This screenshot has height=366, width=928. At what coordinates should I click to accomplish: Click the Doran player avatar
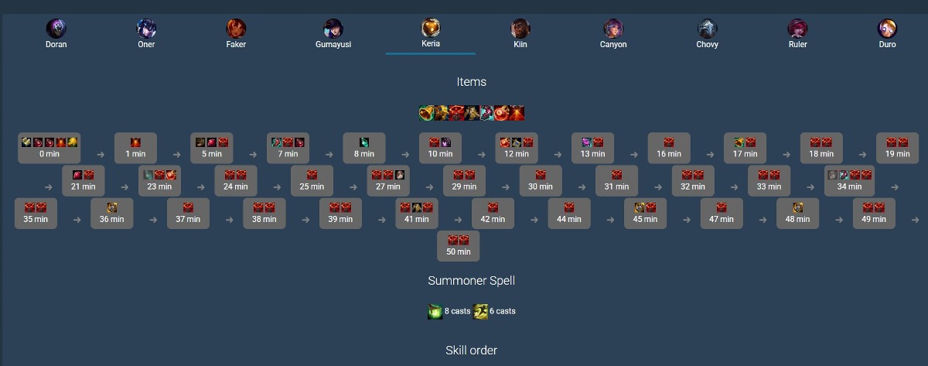56,29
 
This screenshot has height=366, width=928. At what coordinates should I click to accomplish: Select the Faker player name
236,44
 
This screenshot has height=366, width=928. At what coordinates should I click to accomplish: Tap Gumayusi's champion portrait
333,29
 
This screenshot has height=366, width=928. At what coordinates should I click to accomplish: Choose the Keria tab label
431,43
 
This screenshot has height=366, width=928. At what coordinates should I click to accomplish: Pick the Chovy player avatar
707,29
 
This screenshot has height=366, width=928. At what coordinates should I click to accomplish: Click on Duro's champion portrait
887,29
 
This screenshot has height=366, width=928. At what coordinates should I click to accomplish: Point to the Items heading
472,82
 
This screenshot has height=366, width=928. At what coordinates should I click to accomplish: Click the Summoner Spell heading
472,281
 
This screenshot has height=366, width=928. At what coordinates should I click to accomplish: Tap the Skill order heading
472,351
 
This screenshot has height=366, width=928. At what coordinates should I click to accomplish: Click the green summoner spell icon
435,311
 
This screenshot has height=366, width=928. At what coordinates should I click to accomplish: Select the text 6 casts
502,311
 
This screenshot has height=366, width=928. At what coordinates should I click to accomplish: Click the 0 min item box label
49,154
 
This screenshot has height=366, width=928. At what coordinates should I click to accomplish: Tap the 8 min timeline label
363,154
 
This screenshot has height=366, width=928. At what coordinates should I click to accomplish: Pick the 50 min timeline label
458,251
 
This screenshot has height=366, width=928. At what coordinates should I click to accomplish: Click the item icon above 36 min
112,207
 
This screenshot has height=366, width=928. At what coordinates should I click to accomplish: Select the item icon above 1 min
135,142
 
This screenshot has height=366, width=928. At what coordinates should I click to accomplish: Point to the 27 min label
387,186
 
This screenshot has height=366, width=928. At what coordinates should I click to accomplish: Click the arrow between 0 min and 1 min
101,155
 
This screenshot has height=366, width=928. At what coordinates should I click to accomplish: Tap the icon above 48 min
798,207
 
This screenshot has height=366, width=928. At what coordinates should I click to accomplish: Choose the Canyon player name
613,44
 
